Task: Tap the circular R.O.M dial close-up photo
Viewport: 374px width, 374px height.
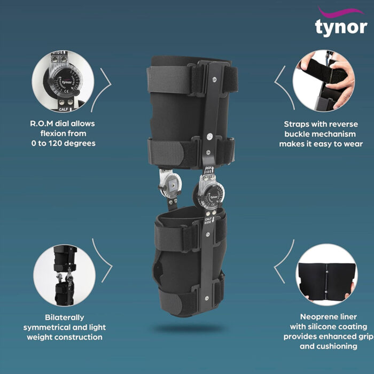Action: [x=63, y=80]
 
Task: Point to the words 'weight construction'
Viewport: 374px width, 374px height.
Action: [x=63, y=337]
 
